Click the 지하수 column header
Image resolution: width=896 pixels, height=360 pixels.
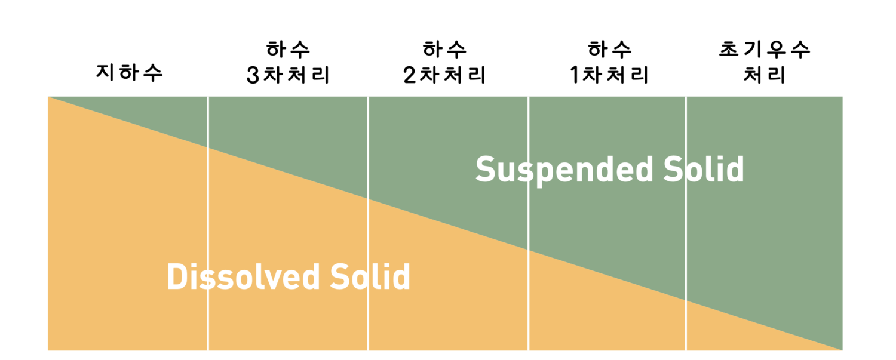130,73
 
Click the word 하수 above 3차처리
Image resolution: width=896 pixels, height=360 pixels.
289,49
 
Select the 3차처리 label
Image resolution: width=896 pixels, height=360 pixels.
289,76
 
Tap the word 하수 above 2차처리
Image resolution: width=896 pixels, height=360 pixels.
445,49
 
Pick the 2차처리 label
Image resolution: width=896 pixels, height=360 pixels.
445,76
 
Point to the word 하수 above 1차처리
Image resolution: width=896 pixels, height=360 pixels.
609,49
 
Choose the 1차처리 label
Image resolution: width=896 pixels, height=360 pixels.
609,76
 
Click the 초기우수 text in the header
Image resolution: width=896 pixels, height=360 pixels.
765,49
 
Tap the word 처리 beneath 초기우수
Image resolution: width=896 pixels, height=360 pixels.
764,76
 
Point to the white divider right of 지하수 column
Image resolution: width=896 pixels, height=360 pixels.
208,239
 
